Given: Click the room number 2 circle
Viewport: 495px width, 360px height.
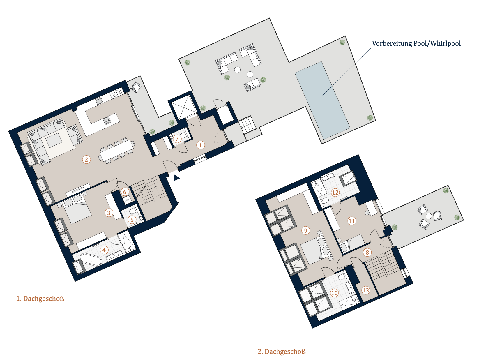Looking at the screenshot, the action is point(86,159).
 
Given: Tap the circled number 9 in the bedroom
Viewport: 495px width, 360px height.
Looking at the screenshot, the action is point(306,230).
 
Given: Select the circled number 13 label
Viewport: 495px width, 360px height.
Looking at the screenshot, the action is point(365,290).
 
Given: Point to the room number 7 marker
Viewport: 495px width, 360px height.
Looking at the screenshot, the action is point(177,139).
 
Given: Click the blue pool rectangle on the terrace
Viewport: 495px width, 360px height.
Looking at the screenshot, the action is point(322,100).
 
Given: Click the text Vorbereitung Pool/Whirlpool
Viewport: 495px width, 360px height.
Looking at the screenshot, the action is point(416,43).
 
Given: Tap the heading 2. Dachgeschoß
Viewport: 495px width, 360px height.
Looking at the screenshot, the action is point(282,351).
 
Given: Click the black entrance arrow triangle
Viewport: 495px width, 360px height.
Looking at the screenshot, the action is point(176,178).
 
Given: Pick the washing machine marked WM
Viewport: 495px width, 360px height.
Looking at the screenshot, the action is point(127,200).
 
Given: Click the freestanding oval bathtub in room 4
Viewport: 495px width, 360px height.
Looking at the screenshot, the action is point(91,260).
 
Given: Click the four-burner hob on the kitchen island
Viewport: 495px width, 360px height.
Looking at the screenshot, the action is point(107,121).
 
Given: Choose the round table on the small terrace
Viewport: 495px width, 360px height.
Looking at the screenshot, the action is point(429,216).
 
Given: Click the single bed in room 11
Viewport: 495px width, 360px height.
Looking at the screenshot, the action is point(352,243).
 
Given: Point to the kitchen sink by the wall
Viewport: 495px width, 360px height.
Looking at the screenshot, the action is point(99,101).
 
